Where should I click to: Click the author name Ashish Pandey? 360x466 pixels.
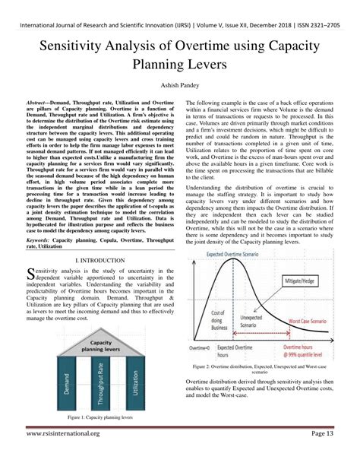click(179, 86)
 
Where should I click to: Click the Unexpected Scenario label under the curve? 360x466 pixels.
click(249, 321)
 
